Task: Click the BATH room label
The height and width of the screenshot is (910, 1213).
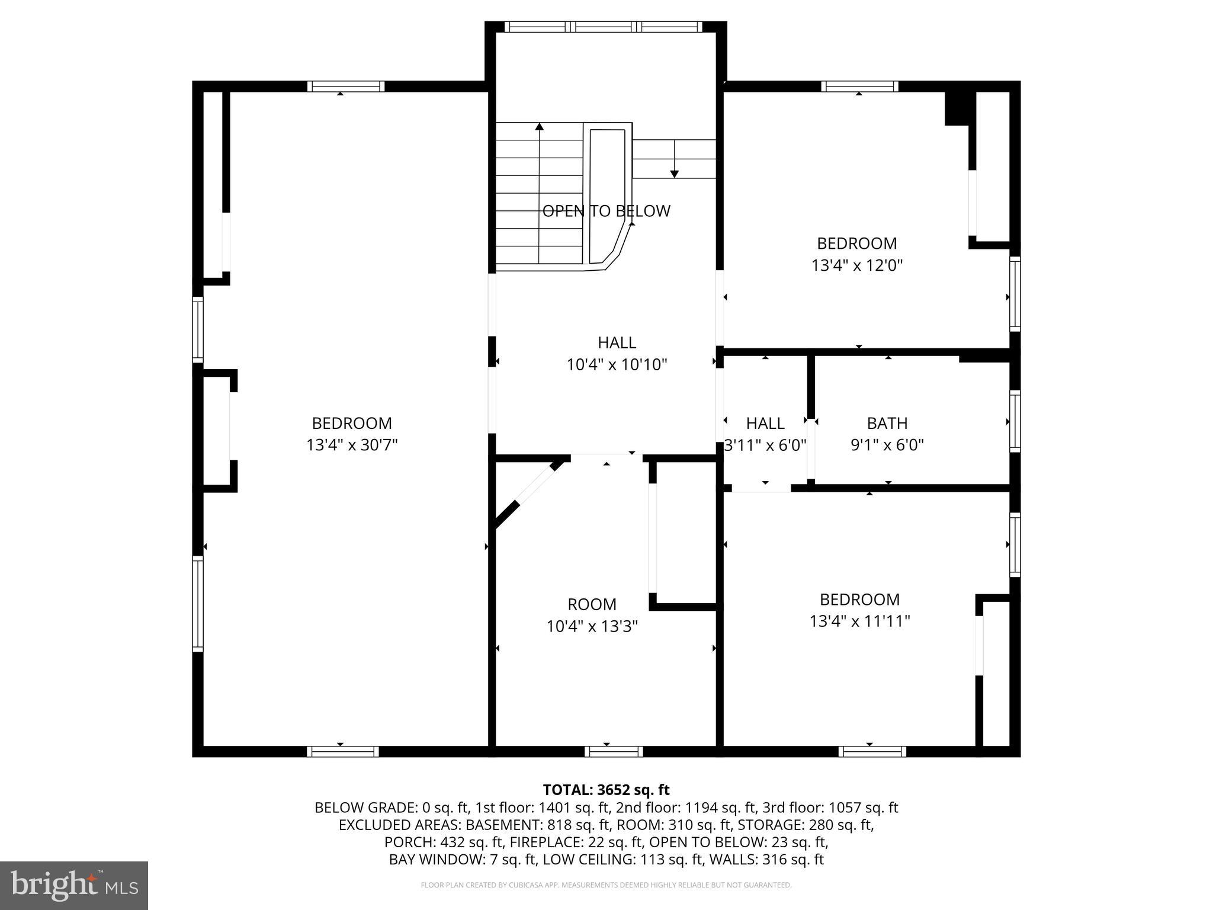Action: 887,423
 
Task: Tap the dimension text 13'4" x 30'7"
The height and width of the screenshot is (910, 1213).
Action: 352,445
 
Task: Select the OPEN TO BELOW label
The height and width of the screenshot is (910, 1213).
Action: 606,211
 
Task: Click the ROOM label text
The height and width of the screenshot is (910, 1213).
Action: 592,604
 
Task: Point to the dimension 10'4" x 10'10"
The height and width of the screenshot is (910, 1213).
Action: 617,364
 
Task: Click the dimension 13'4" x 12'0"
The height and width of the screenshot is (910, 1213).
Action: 856,265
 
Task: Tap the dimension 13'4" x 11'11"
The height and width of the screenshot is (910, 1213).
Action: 859,621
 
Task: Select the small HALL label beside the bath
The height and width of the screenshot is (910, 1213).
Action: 765,423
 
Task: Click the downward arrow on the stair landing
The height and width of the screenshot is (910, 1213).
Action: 674,173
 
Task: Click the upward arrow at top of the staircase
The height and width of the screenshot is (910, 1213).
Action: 539,127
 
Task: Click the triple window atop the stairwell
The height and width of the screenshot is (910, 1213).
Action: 603,27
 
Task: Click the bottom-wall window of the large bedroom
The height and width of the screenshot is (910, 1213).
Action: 343,751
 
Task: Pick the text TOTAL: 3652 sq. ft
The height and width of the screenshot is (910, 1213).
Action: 606,790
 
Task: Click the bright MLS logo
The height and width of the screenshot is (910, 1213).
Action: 73,885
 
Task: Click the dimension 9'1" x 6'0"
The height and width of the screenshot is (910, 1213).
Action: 887,445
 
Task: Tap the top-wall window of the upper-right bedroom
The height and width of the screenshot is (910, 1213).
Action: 859,86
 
